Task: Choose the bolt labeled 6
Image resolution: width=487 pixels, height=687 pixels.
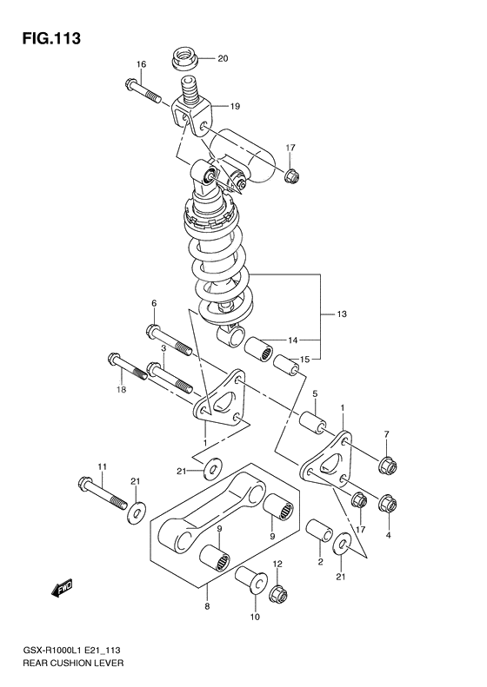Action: pos(169,340)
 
